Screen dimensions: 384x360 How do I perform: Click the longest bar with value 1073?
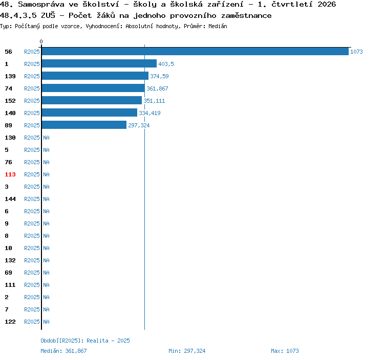[195, 51]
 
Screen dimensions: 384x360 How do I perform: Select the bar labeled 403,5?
[99, 63]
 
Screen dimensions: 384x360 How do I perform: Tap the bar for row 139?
[95, 76]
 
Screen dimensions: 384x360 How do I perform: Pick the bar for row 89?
[84, 125]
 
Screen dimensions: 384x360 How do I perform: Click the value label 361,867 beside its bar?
[157, 88]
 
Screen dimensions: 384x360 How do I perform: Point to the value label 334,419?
[150, 113]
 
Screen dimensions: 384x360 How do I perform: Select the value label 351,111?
[154, 101]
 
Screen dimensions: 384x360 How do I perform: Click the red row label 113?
[10, 174]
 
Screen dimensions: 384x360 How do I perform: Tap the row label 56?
[8, 52]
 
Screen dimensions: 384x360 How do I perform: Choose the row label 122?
[10, 322]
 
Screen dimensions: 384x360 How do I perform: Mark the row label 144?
[10, 199]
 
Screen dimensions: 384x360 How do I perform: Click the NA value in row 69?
[46, 273]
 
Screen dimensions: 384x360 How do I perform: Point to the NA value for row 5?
[46, 150]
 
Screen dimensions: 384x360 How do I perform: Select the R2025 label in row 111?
[32, 285]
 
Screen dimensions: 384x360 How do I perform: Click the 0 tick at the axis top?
[41, 41]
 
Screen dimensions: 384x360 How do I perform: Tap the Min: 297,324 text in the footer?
[187, 351]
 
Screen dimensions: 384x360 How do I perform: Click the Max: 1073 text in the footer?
[285, 351]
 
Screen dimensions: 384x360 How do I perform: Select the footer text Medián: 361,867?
[63, 351]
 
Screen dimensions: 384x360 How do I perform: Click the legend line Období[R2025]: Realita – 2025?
[85, 341]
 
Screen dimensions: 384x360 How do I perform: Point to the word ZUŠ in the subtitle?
[48, 15]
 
